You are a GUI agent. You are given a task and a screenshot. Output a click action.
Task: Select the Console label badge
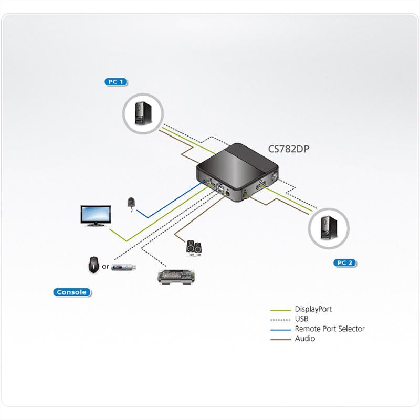[x=71, y=292]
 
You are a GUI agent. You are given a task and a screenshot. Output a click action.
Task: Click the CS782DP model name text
[x=289, y=149]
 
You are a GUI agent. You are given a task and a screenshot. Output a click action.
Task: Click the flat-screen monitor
[x=95, y=216]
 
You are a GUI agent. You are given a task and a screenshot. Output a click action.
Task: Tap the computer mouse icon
[x=93, y=265]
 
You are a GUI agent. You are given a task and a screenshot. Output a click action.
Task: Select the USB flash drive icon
[x=125, y=267]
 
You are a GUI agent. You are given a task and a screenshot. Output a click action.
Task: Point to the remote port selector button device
[x=131, y=203]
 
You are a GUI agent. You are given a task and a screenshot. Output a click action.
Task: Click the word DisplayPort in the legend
[x=313, y=309]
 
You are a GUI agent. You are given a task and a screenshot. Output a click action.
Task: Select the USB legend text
[x=302, y=319]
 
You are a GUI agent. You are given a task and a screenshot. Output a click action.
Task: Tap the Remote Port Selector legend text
[x=330, y=329]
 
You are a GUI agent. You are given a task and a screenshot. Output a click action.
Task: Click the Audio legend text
[x=305, y=339]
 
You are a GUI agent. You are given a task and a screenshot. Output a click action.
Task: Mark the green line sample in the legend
[x=280, y=310]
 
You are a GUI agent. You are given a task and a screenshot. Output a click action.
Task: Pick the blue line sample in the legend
[x=280, y=329]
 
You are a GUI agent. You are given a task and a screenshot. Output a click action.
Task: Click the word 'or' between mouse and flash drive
[x=106, y=267]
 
